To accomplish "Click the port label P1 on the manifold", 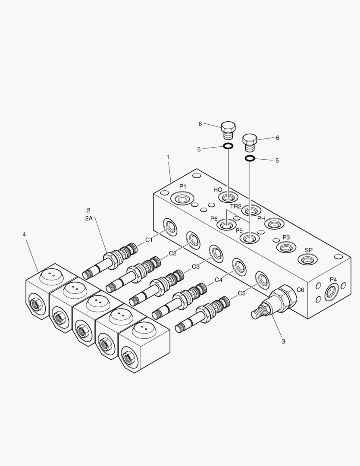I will click(x=183, y=186).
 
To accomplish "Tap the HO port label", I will click(x=217, y=190).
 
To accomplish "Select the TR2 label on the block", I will click(x=235, y=206).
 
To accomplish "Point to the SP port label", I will click(x=309, y=250).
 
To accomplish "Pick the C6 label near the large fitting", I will click(x=300, y=290).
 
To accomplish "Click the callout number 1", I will click(x=168, y=157).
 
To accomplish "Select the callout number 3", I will click(x=283, y=341).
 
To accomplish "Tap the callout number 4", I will click(x=24, y=234).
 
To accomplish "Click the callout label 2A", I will click(x=88, y=219).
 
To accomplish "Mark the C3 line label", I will click(x=195, y=267).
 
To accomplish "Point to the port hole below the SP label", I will click(x=307, y=260).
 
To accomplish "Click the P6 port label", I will click(x=214, y=219).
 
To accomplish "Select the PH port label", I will click(x=261, y=219).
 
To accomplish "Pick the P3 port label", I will click(x=286, y=237).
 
